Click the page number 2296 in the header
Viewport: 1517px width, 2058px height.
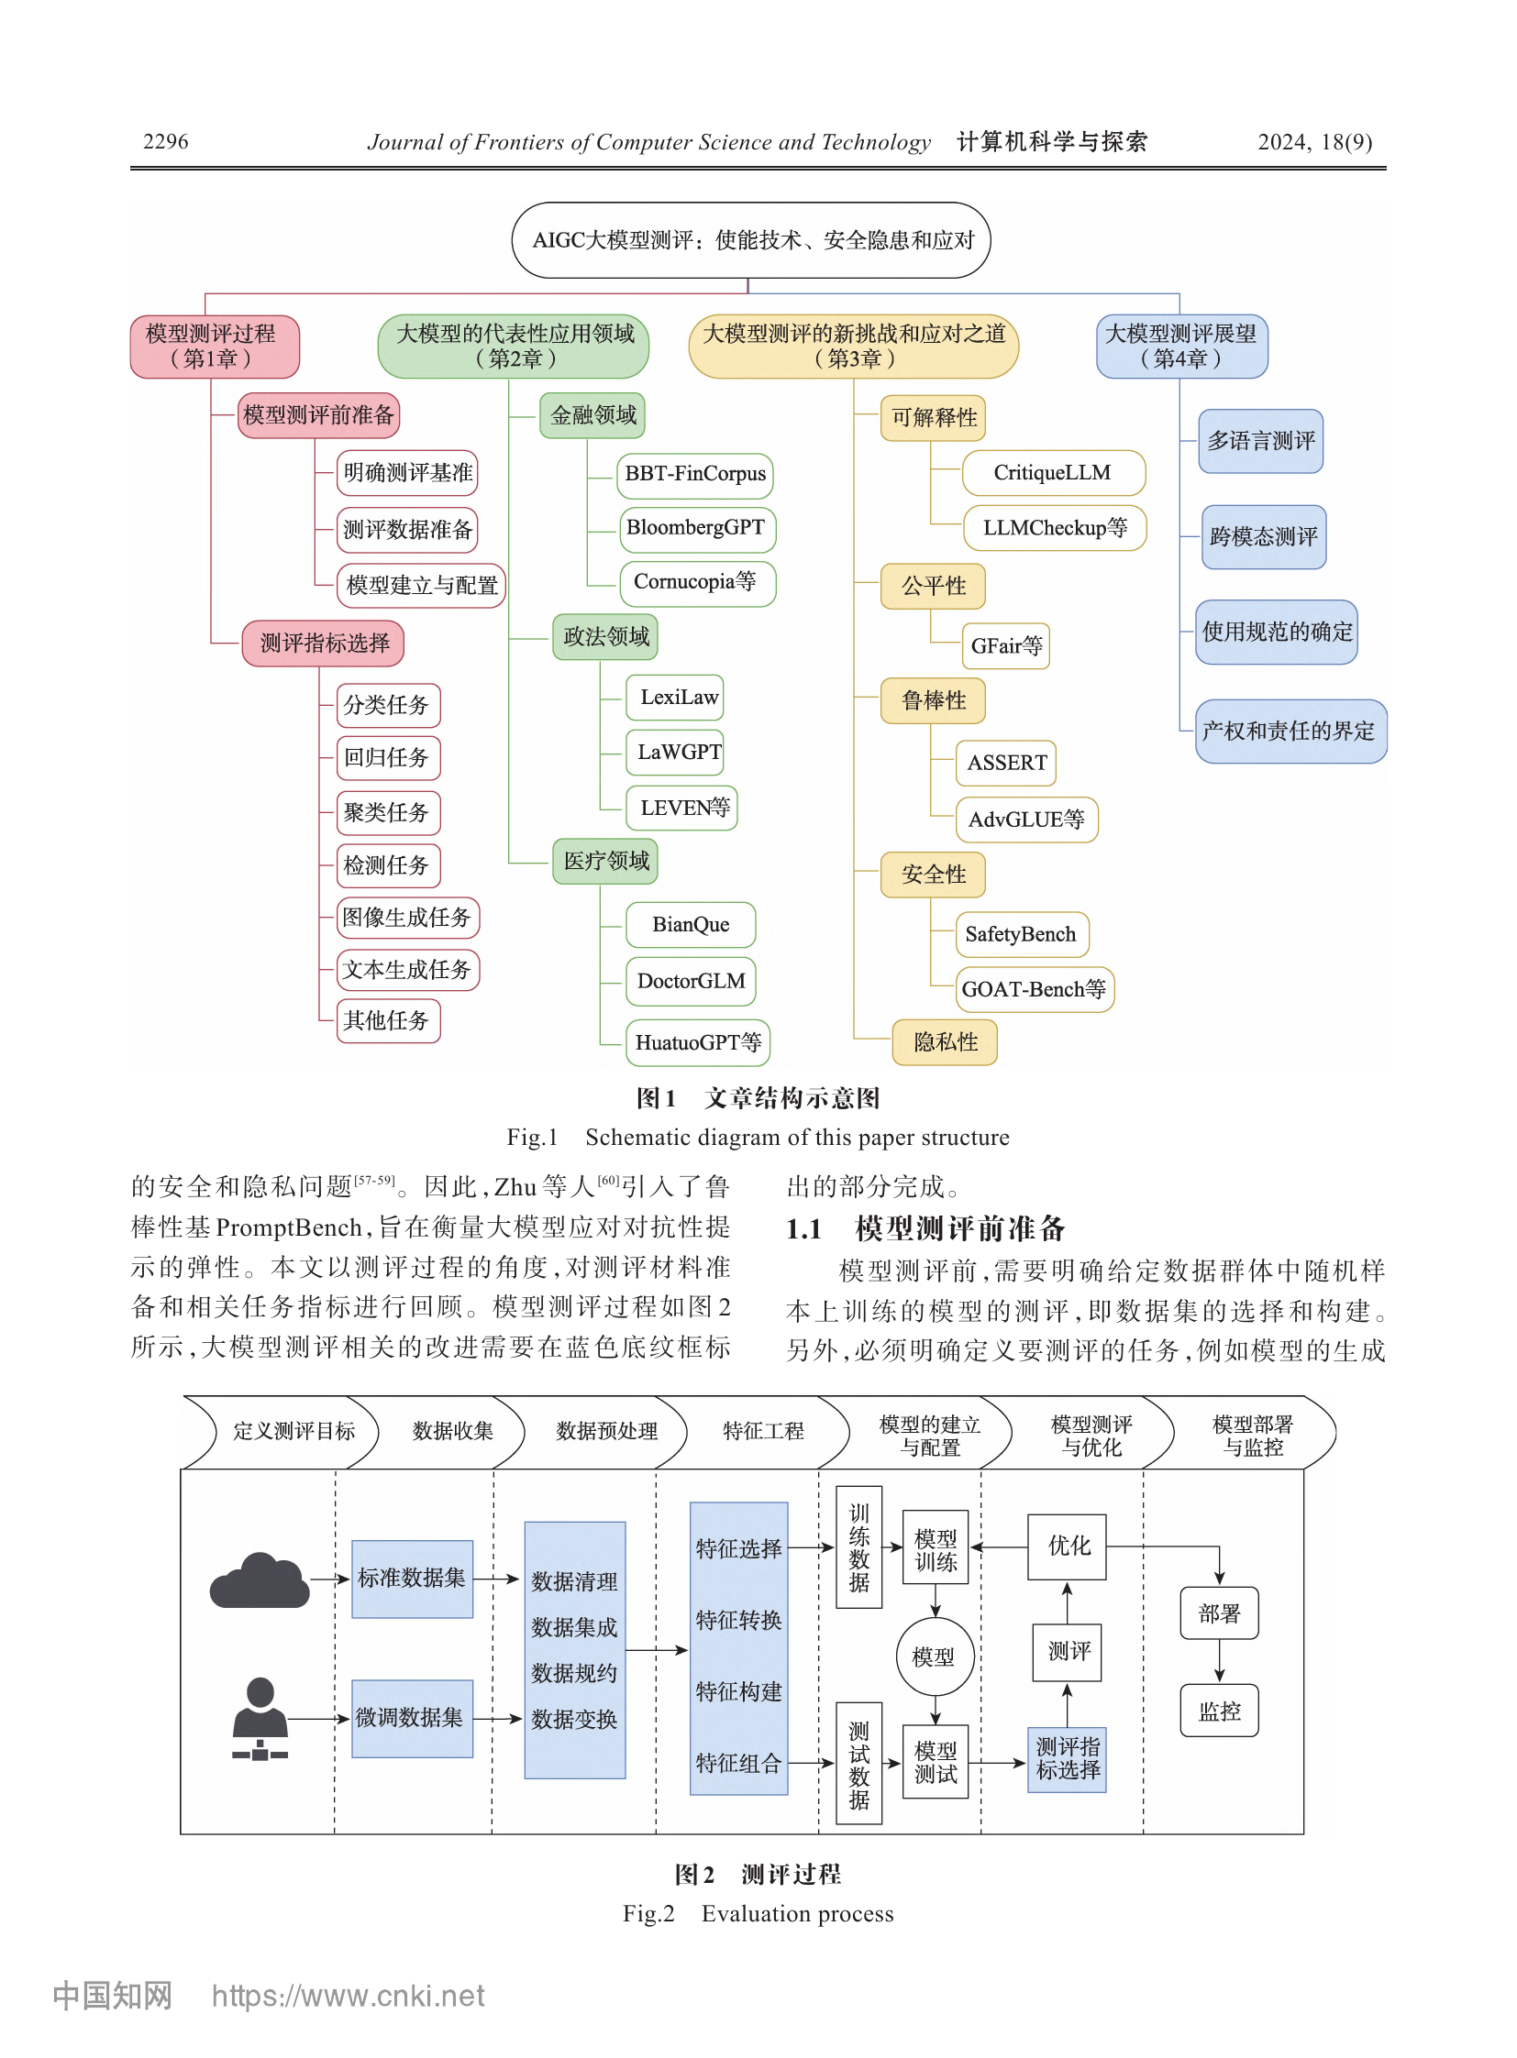point(165,141)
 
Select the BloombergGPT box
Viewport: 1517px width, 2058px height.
point(697,529)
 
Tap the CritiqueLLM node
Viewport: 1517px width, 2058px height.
point(1053,473)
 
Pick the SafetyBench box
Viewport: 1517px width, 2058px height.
point(1021,934)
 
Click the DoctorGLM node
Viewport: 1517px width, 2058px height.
point(691,981)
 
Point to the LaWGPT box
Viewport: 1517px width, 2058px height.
point(675,753)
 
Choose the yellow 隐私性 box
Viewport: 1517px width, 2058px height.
point(945,1042)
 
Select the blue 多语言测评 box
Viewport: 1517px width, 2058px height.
point(1260,442)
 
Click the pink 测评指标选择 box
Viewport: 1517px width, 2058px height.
point(323,643)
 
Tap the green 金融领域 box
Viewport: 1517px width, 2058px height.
point(593,416)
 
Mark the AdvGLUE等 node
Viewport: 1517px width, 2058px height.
point(1026,820)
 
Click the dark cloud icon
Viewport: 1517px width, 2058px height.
point(260,1581)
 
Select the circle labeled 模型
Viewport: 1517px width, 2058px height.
point(935,1656)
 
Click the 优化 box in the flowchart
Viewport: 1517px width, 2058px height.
point(1067,1546)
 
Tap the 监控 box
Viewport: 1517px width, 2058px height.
point(1219,1711)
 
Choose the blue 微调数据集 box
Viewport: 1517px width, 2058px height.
point(413,1719)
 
